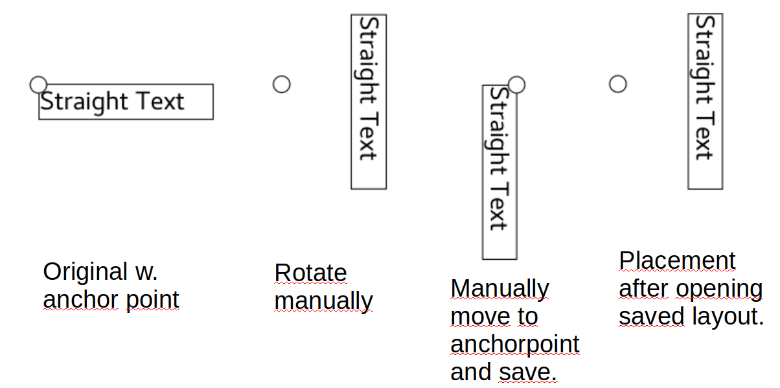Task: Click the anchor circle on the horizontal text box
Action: click(39, 84)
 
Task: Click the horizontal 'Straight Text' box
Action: click(126, 102)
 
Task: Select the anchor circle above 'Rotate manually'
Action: click(281, 84)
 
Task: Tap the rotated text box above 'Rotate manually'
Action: click(368, 102)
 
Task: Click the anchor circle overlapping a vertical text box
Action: click(516, 84)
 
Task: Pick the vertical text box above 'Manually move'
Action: click(499, 172)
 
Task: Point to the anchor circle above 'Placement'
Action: click(618, 84)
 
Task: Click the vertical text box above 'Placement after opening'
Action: click(705, 102)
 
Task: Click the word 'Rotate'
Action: click(310, 273)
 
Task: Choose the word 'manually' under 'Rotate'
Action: click(323, 302)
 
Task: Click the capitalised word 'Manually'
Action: click(499, 289)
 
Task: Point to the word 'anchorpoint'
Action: click(514, 345)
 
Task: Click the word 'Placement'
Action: click(677, 260)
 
